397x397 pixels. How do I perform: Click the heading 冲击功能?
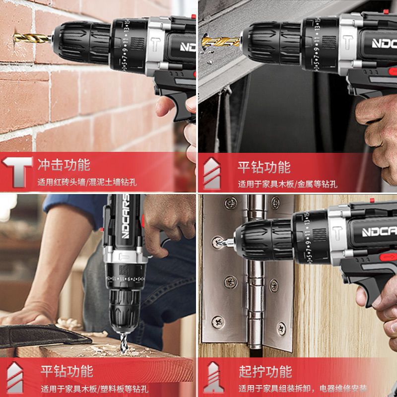click(x=64, y=164)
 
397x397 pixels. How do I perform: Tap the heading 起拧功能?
click(x=265, y=371)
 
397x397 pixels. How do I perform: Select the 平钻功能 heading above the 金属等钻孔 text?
click(x=264, y=167)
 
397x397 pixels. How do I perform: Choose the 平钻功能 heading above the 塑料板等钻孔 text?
click(x=66, y=371)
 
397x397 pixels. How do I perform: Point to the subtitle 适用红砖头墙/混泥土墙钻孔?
click(x=87, y=182)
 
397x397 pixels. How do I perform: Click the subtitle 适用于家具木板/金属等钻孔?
click(x=287, y=184)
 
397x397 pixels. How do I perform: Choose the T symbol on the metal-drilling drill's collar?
click(x=348, y=44)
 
